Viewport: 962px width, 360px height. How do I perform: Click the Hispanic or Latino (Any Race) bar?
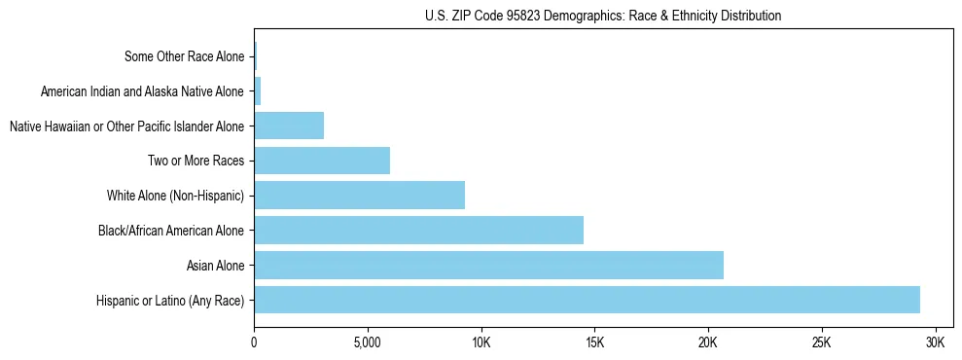tap(587, 300)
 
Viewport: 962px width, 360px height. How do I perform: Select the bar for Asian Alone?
tap(488, 265)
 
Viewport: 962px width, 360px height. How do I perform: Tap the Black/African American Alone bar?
tap(418, 231)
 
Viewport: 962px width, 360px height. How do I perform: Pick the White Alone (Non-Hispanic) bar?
tap(359, 196)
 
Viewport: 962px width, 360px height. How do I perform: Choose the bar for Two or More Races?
tap(322, 161)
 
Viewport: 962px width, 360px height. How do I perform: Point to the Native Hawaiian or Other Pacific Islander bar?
tap(289, 126)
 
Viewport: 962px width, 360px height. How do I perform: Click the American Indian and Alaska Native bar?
tap(258, 91)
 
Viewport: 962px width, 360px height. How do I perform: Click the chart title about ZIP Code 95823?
tap(603, 16)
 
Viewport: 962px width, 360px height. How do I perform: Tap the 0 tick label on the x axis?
tap(254, 343)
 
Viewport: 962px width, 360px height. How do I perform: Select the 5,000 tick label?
tap(368, 343)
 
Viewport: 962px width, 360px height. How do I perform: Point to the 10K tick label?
tap(481, 343)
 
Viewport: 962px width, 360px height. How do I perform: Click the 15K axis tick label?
tap(595, 343)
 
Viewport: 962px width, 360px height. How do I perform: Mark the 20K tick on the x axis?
tap(708, 343)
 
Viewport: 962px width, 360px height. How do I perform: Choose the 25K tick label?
tap(822, 343)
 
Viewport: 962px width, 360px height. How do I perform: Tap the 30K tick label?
tap(936, 343)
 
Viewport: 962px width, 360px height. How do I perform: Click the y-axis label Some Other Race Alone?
tap(185, 56)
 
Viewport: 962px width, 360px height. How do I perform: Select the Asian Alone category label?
tap(216, 266)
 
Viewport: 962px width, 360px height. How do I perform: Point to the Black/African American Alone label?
tap(171, 231)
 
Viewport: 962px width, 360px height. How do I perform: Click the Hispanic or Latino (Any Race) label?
tap(170, 301)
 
